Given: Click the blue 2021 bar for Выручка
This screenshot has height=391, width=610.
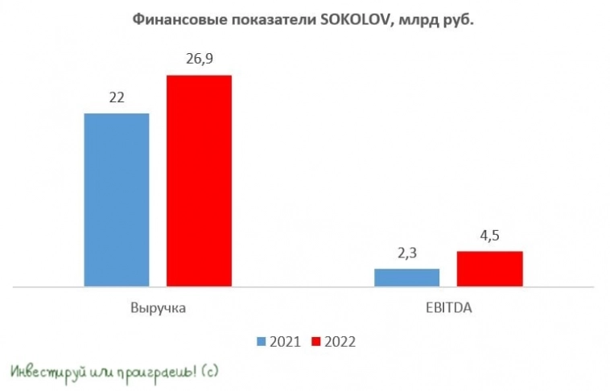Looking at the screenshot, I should click(117, 200).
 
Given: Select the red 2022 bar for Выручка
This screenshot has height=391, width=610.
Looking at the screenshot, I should click(199, 180).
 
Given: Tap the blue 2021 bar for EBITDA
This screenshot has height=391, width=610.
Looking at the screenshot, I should click(406, 277).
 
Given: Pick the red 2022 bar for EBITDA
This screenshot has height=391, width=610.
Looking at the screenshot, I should click(489, 268).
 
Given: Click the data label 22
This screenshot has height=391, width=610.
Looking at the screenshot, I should click(117, 98).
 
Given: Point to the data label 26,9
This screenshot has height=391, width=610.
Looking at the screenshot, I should click(199, 60).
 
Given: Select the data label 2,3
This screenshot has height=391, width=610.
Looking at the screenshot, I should click(406, 253).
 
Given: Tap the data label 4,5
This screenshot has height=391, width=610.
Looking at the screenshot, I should click(489, 237).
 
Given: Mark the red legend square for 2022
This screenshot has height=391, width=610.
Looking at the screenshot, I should click(316, 341).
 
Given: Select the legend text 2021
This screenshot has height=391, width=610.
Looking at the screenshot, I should click(285, 341).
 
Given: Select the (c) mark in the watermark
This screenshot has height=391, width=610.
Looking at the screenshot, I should click(208, 371).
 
